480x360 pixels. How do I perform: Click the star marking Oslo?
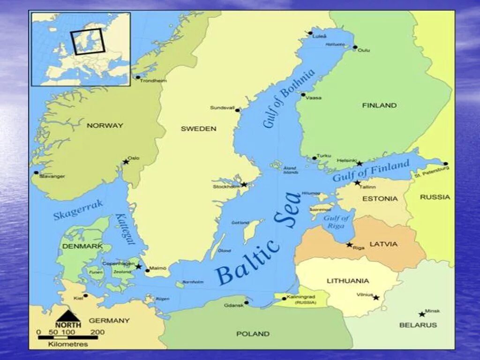126,162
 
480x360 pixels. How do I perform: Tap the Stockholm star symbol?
244,185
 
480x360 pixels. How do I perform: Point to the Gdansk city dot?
247,303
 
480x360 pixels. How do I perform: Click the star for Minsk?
422,314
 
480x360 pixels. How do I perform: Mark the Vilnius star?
375,297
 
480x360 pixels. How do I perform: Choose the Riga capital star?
349,245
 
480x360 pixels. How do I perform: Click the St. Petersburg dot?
445,164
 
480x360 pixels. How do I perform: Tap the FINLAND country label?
379,105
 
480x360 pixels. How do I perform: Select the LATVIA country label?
383,244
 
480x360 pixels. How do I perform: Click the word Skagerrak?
78,210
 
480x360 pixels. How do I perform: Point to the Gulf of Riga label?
337,221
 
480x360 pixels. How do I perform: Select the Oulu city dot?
355,47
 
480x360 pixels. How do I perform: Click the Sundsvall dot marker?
238,110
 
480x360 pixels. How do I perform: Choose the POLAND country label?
253,334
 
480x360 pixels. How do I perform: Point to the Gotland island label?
240,223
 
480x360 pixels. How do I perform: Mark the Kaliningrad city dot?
284,298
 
